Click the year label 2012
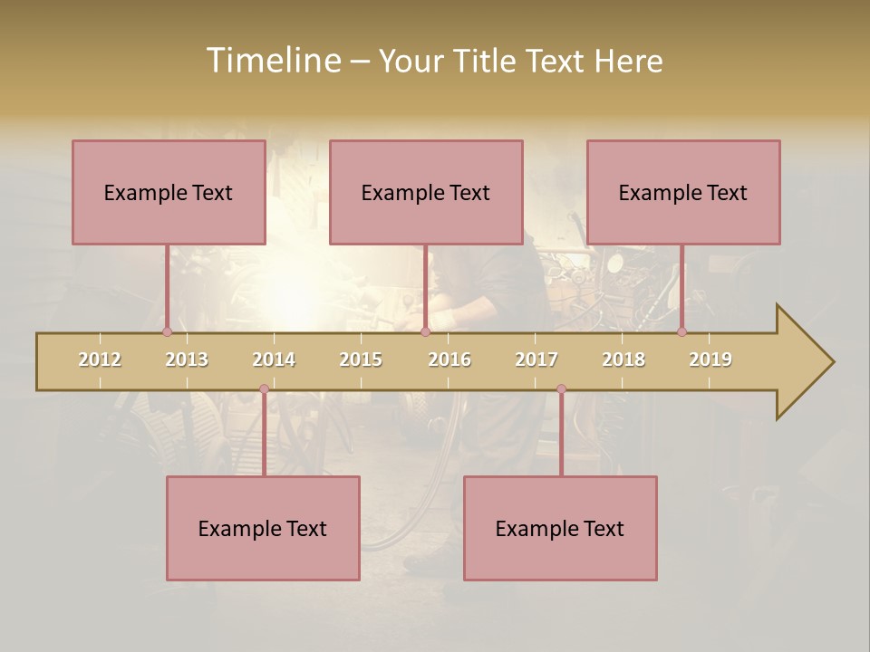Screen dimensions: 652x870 pos(100,360)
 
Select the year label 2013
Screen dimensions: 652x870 pos(187,360)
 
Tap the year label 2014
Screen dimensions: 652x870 pos(274,360)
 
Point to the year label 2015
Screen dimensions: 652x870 pos(361,360)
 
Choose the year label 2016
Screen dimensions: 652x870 pos(449,360)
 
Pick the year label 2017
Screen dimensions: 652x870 pos(536,360)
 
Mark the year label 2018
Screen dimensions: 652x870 pos(623,360)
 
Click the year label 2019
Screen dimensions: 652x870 pos(710,360)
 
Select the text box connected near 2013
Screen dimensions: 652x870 pos(169,192)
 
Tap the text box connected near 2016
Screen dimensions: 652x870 pos(426,192)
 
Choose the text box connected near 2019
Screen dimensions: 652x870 pos(683,192)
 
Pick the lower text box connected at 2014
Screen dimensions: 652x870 pos(263,528)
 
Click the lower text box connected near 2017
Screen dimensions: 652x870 pos(560,528)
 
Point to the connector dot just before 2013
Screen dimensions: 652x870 pos(167,331)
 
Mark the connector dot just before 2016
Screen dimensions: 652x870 pos(425,331)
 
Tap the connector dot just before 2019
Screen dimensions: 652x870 pos(681,331)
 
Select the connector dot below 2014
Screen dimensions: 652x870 pos(264,389)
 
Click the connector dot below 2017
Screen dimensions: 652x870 pos(561,389)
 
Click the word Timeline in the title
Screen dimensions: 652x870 pos(273,61)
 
